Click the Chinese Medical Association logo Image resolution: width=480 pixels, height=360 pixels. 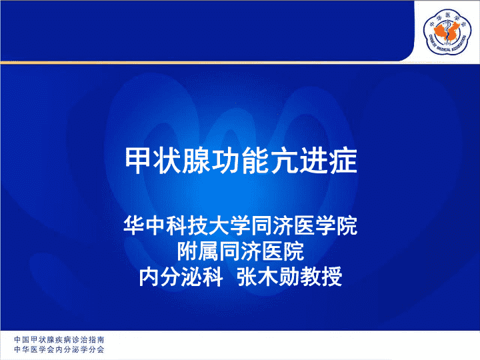[x=447, y=31]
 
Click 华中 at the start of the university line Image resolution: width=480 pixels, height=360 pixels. [x=145, y=226]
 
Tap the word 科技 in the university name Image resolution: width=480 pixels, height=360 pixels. [x=187, y=226]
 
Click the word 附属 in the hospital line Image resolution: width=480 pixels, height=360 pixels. [x=198, y=251]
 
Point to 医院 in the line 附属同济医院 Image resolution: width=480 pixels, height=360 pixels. [x=283, y=251]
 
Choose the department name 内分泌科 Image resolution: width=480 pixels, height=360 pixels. [x=181, y=277]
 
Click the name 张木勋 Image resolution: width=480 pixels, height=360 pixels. [x=268, y=277]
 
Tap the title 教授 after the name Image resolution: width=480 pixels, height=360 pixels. [x=321, y=277]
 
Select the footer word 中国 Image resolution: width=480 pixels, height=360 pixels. [x=21, y=339]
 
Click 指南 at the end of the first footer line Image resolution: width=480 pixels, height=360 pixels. [x=97, y=339]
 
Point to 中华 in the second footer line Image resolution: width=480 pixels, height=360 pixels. [x=21, y=349]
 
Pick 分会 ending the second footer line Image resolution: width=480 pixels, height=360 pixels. [x=97, y=349]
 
